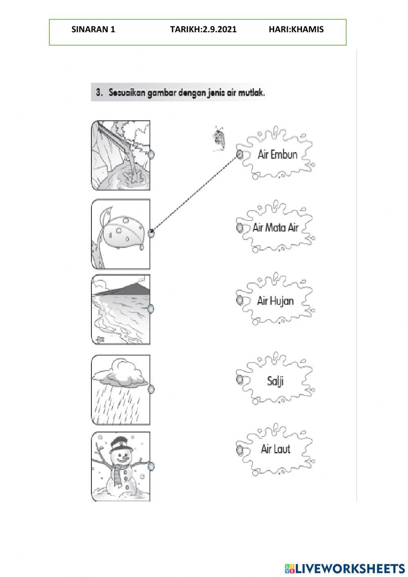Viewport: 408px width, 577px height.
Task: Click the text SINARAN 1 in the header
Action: pyautogui.click(x=93, y=29)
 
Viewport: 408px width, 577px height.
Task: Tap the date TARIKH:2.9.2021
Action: pyautogui.click(x=203, y=29)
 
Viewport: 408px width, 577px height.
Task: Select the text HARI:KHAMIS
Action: pyautogui.click(x=296, y=29)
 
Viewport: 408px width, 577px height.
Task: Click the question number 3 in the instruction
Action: pyautogui.click(x=99, y=93)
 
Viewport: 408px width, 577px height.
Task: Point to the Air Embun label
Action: pyautogui.click(x=277, y=155)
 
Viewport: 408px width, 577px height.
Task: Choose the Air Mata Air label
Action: pyautogui.click(x=275, y=227)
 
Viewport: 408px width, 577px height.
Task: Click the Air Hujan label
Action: pyautogui.click(x=275, y=301)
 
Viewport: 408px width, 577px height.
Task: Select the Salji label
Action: pyautogui.click(x=275, y=381)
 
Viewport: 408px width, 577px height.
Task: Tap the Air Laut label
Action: pyautogui.click(x=275, y=449)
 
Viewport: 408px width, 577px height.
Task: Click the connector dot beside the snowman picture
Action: pyautogui.click(x=151, y=466)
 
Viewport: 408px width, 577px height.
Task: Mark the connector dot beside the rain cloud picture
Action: pyautogui.click(x=151, y=389)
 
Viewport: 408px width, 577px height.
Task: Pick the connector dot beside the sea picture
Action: pyautogui.click(x=151, y=308)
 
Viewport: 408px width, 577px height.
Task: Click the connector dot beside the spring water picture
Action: pyautogui.click(x=151, y=155)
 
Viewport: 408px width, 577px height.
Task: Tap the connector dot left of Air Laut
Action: pyautogui.click(x=240, y=449)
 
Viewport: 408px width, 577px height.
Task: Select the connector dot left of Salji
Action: pyautogui.click(x=240, y=379)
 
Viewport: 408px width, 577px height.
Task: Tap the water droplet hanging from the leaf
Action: pyautogui.click(x=141, y=247)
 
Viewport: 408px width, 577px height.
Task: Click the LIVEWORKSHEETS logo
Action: pyautogui.click(x=344, y=568)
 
